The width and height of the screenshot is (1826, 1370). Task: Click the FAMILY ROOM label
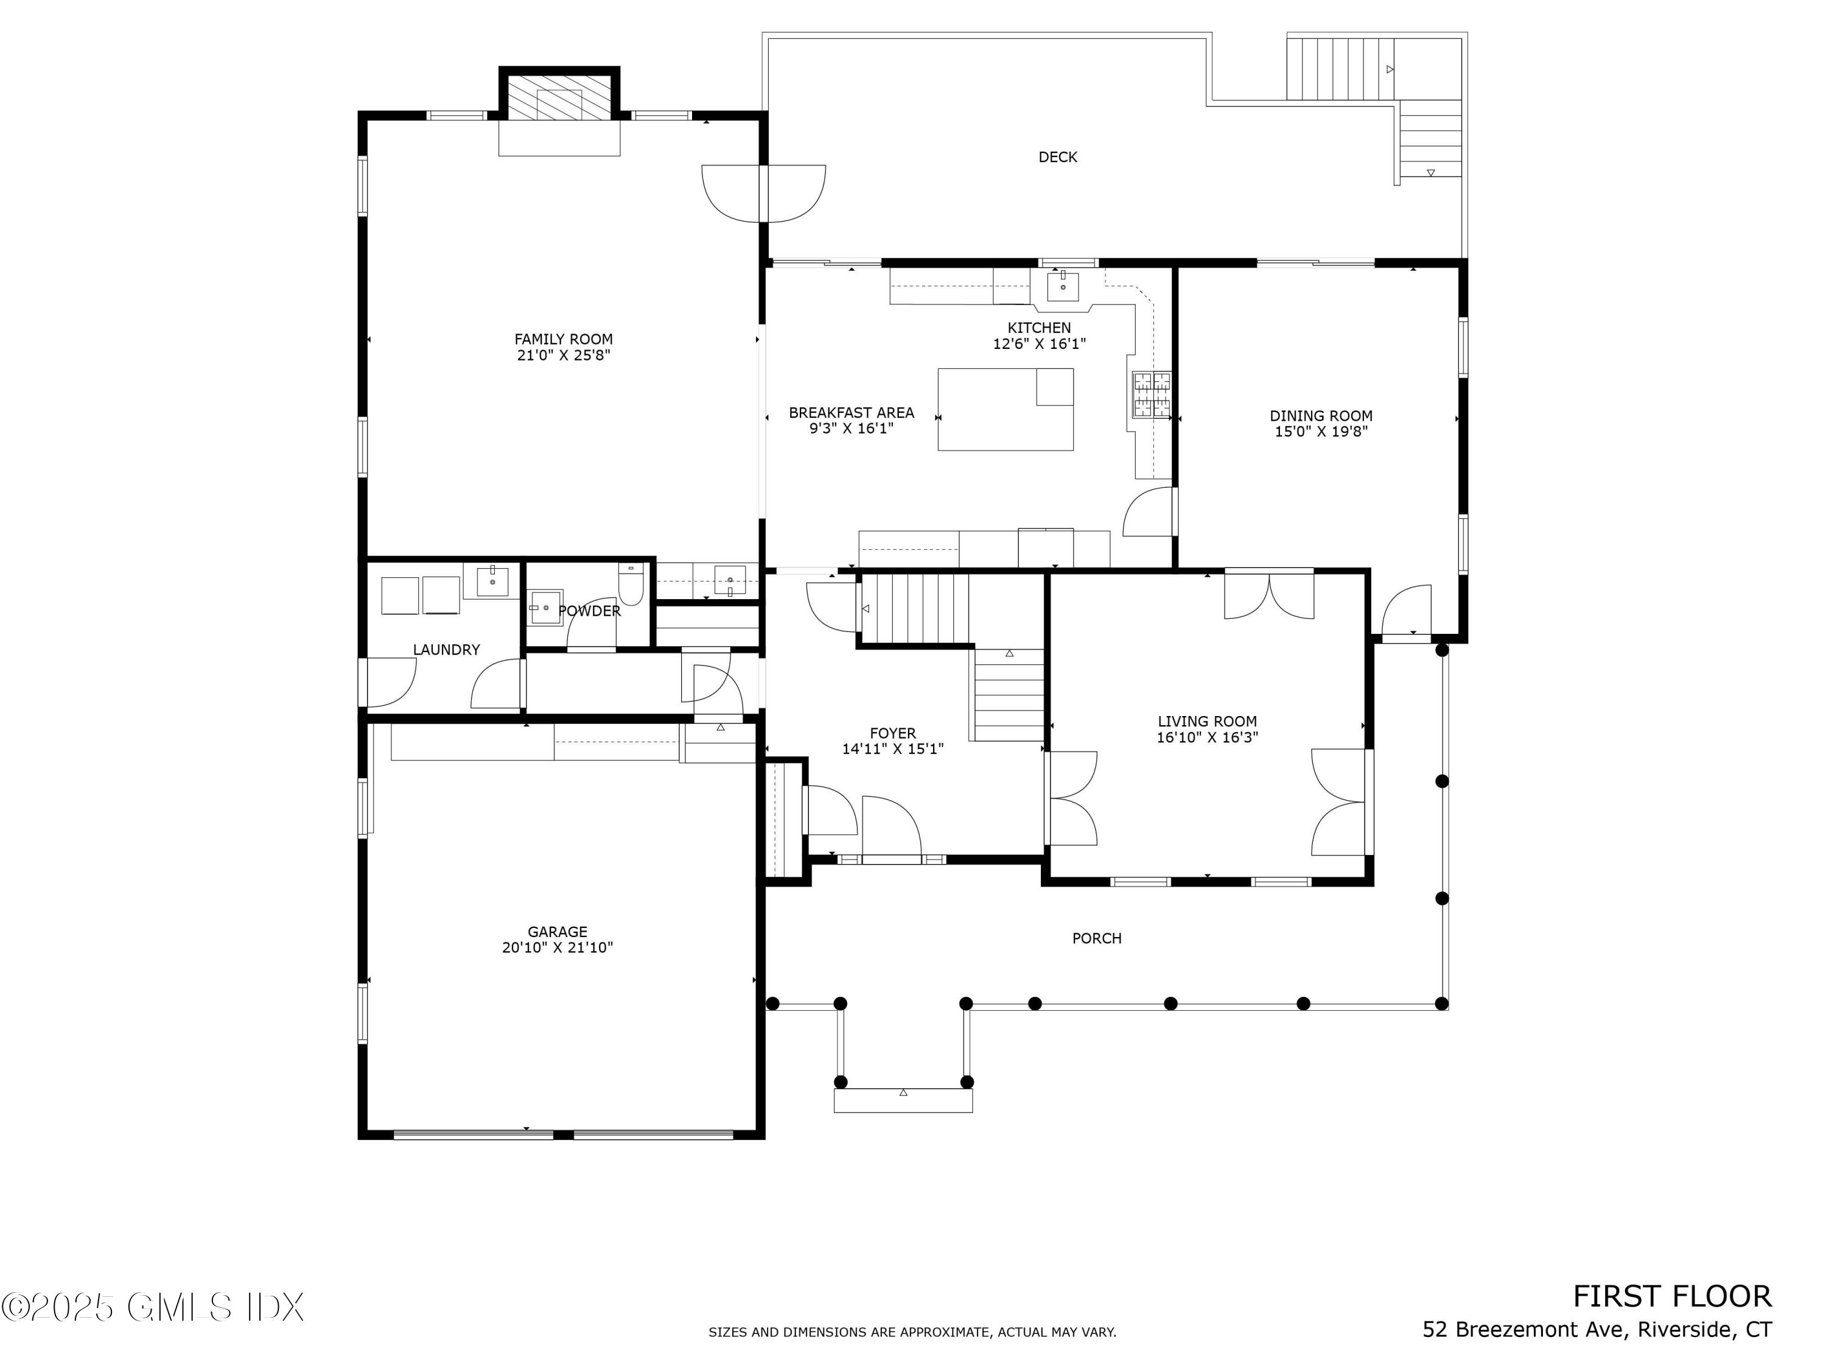pos(563,339)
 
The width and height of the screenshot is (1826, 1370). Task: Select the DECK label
pos(1057,157)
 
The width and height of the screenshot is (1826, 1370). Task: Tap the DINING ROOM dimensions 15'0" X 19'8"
pos(1321,431)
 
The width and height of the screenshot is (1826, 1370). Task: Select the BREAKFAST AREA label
pos(851,413)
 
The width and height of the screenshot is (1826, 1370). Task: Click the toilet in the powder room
pos(631,583)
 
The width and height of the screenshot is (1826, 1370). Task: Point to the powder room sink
pos(545,607)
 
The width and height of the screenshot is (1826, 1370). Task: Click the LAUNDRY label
pos(446,650)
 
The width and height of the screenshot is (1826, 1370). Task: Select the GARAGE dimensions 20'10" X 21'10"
pos(557,948)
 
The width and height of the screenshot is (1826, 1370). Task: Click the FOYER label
pos(892,733)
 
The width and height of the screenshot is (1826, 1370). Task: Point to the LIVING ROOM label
pos(1207,722)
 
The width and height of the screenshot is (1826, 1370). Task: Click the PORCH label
pos(1096,938)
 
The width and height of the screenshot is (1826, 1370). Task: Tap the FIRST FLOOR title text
pos(1671,1296)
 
